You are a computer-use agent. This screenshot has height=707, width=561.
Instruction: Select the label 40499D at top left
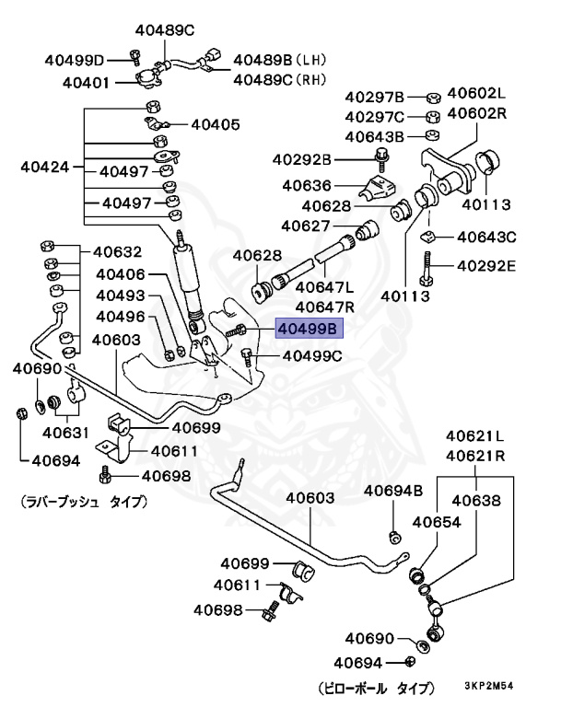pyautogui.click(x=75, y=61)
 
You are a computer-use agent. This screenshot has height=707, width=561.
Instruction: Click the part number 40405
pyautogui.click(x=215, y=123)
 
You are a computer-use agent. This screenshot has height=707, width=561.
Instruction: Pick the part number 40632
pyautogui.click(x=117, y=251)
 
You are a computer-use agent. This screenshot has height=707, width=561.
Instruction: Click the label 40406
pyautogui.click(x=121, y=274)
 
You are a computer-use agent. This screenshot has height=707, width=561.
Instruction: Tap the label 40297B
pyautogui.click(x=375, y=97)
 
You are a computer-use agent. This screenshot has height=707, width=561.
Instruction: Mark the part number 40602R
pyautogui.click(x=477, y=113)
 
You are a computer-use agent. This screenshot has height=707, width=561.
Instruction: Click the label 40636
pyautogui.click(x=308, y=185)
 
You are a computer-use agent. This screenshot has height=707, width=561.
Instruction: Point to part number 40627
pyautogui.click(x=306, y=226)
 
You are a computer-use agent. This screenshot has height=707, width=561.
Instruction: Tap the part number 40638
pyautogui.click(x=476, y=501)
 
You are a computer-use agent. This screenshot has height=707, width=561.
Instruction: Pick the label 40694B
pyautogui.click(x=392, y=491)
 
